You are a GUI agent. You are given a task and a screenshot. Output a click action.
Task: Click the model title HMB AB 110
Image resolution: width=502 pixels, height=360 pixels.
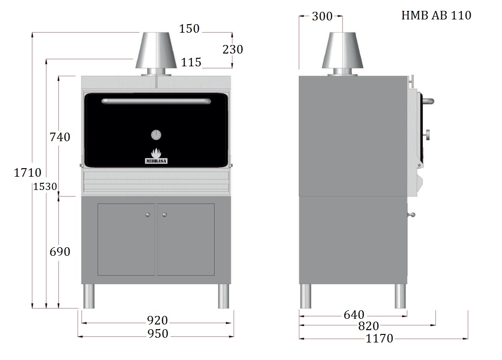click(x=436, y=15)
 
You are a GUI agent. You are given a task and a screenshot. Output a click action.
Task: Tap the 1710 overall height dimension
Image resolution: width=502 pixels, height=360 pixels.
click(x=27, y=172)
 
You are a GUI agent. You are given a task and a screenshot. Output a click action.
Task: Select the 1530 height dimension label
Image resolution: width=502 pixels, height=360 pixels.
click(x=45, y=187)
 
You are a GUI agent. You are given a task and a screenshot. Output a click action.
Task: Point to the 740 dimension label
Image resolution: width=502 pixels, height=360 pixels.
click(x=60, y=137)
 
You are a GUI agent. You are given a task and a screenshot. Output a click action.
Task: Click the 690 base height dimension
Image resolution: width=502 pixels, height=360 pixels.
click(x=60, y=252)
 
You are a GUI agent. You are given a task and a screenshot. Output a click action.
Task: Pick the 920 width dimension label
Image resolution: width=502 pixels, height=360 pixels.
click(x=157, y=320)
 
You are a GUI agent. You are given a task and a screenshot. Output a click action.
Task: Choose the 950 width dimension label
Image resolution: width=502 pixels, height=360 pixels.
click(x=158, y=334)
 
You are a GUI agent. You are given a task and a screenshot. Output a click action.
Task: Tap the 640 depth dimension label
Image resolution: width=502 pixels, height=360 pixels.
click(x=354, y=315)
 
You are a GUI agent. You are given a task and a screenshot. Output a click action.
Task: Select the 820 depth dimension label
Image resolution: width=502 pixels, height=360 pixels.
click(x=368, y=326)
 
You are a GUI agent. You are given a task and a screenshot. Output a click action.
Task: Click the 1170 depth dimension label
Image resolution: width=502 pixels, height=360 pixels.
click(x=379, y=338)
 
